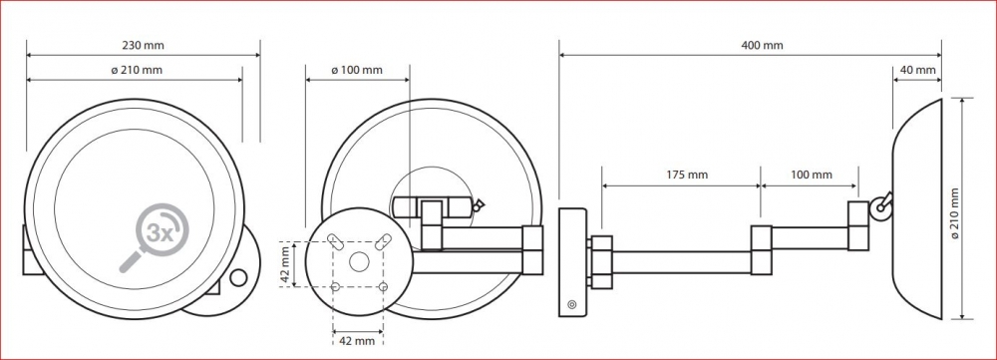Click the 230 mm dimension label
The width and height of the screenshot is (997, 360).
[143, 46]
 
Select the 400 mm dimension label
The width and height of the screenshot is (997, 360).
[762, 46]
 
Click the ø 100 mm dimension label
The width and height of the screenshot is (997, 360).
[357, 70]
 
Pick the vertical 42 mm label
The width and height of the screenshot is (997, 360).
[286, 264]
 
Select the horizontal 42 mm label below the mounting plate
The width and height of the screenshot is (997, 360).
[357, 341]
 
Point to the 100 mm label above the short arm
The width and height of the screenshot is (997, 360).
[811, 175]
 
